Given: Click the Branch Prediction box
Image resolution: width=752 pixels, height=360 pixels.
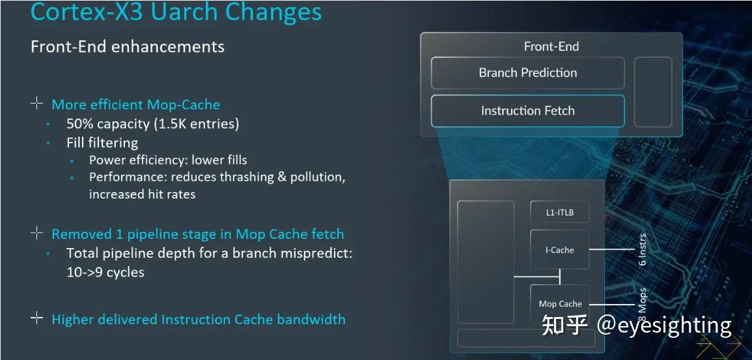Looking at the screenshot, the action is click(527, 73).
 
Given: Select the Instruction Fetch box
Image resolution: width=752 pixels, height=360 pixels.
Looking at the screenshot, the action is click(527, 111).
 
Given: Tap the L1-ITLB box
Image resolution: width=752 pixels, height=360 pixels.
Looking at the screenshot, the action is click(559, 212).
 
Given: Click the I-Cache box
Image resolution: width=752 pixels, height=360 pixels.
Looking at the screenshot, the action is click(559, 250).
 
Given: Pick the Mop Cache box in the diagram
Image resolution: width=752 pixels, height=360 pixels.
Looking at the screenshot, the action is click(559, 304).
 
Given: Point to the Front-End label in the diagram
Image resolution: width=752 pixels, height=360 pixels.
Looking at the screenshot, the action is click(551, 46).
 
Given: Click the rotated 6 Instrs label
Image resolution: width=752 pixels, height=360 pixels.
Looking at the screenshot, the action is click(643, 249).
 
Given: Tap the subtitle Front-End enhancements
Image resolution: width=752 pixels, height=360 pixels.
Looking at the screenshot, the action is click(128, 46).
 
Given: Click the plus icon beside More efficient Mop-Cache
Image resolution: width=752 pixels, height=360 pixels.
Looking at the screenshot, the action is click(37, 103).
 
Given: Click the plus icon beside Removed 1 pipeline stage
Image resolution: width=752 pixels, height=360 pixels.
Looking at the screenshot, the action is click(37, 233).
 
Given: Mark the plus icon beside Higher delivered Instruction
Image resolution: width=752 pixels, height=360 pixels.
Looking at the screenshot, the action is click(37, 318).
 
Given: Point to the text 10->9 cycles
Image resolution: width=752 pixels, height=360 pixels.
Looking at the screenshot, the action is click(105, 272).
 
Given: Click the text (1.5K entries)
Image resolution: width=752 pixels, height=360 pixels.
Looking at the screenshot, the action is click(197, 124).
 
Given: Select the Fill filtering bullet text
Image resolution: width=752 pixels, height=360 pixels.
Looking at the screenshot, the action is click(102, 143).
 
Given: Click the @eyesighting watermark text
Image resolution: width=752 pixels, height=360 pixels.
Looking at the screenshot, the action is click(664, 326).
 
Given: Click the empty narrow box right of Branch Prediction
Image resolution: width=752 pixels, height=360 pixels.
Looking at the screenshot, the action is click(653, 92).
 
